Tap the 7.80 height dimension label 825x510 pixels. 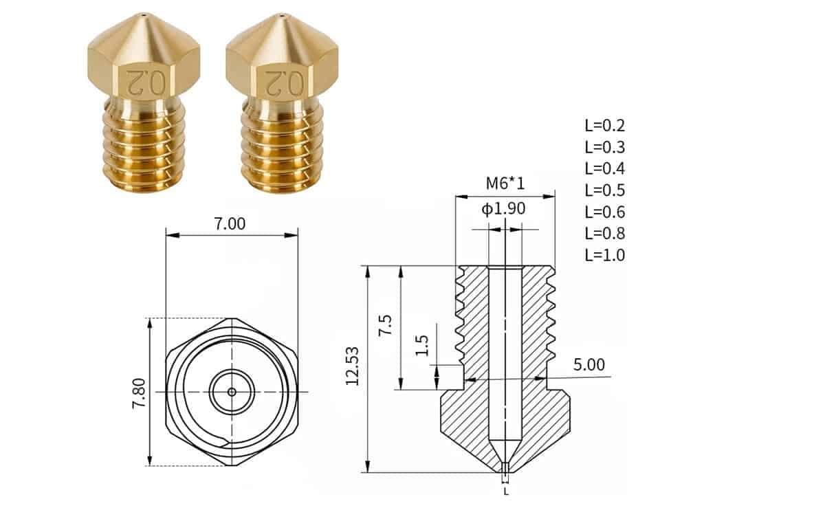pyautogui.click(x=138, y=392)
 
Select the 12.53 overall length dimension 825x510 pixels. pyautogui.click(x=353, y=369)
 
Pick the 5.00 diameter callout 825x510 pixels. pyautogui.click(x=588, y=364)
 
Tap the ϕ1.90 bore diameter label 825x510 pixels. pyautogui.click(x=502, y=208)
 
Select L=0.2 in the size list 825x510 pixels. pyautogui.click(x=605, y=126)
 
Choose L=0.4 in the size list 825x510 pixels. pyautogui.click(x=605, y=168)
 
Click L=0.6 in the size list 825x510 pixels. pyautogui.click(x=605, y=212)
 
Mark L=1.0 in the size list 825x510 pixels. pyautogui.click(x=605, y=255)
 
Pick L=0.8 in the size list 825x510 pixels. pyautogui.click(x=605, y=233)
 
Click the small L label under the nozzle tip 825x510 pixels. pyautogui.click(x=506, y=491)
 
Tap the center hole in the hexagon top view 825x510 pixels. pyautogui.click(x=232, y=392)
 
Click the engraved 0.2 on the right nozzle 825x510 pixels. pyautogui.click(x=283, y=81)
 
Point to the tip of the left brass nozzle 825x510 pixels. pyautogui.click(x=143, y=14)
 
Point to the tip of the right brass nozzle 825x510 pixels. pyautogui.click(x=282, y=14)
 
